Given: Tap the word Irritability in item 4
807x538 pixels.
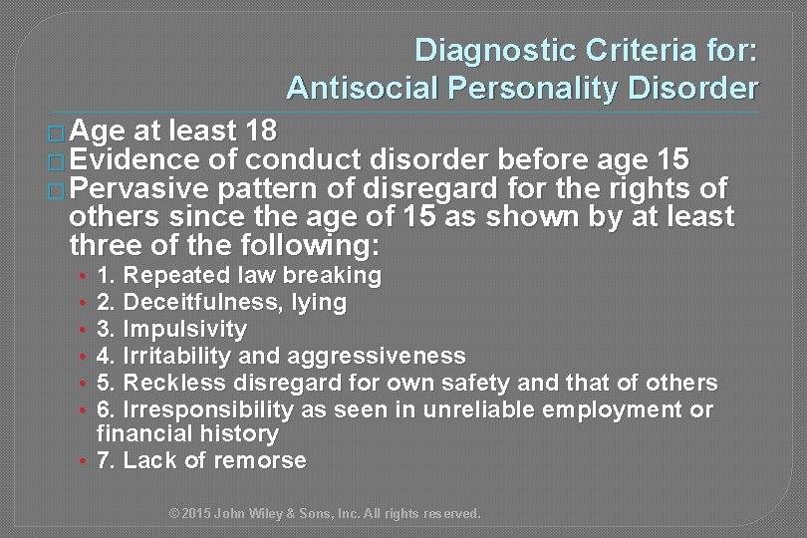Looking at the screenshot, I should pyautogui.click(x=187, y=355).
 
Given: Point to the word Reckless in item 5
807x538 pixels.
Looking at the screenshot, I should pyautogui.click(x=176, y=382).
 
